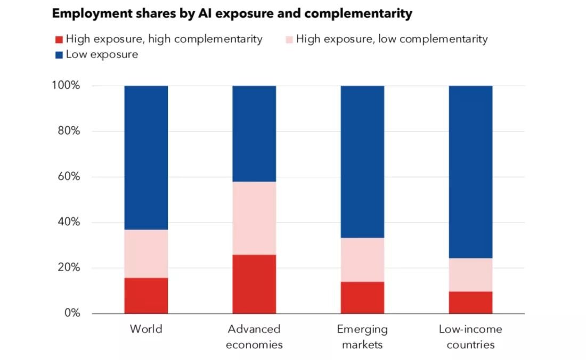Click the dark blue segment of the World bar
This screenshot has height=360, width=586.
146,158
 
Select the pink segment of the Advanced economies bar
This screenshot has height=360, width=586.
254,218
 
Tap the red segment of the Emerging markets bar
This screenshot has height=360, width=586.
362,297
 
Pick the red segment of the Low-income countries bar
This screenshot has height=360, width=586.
470,302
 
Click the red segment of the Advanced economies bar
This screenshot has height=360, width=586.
254,284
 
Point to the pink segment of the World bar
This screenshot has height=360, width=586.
146,253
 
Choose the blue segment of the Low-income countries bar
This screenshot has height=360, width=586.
470,172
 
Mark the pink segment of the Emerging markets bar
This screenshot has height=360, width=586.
362,259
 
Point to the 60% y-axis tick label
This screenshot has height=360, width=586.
69,177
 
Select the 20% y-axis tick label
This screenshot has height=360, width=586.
69,268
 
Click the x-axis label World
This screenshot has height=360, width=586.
146,329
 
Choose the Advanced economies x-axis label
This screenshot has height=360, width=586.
254,337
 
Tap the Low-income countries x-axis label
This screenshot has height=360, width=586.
470,337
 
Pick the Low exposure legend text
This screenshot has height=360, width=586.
102,54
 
